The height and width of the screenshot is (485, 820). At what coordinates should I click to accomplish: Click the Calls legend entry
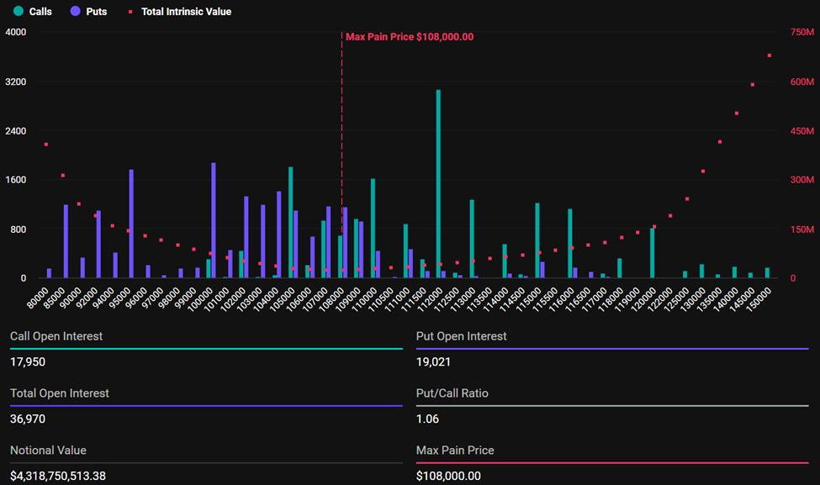click(x=34, y=12)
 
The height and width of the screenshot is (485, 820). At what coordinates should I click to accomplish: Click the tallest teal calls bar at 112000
click(x=438, y=183)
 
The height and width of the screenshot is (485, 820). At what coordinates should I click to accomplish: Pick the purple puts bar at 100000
click(x=214, y=220)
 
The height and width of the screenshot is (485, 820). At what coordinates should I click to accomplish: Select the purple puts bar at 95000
click(x=131, y=224)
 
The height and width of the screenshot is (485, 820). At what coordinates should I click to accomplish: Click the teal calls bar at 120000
click(x=652, y=253)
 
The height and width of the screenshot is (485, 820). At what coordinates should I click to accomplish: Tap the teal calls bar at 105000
click(x=291, y=222)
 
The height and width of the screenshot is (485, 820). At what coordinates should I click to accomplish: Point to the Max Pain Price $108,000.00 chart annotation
click(x=410, y=37)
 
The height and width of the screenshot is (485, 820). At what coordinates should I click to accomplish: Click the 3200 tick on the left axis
click(x=16, y=82)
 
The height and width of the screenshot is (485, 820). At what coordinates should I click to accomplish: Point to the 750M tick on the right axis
click(x=802, y=32)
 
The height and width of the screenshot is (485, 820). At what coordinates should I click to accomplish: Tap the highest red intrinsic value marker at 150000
click(x=769, y=55)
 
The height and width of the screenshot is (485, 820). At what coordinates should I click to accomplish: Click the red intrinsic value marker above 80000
click(x=46, y=145)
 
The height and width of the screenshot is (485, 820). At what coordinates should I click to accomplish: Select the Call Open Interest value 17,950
click(x=28, y=361)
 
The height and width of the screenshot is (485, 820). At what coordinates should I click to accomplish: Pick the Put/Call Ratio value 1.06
click(x=427, y=419)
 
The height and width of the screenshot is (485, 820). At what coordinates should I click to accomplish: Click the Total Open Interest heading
click(x=60, y=393)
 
